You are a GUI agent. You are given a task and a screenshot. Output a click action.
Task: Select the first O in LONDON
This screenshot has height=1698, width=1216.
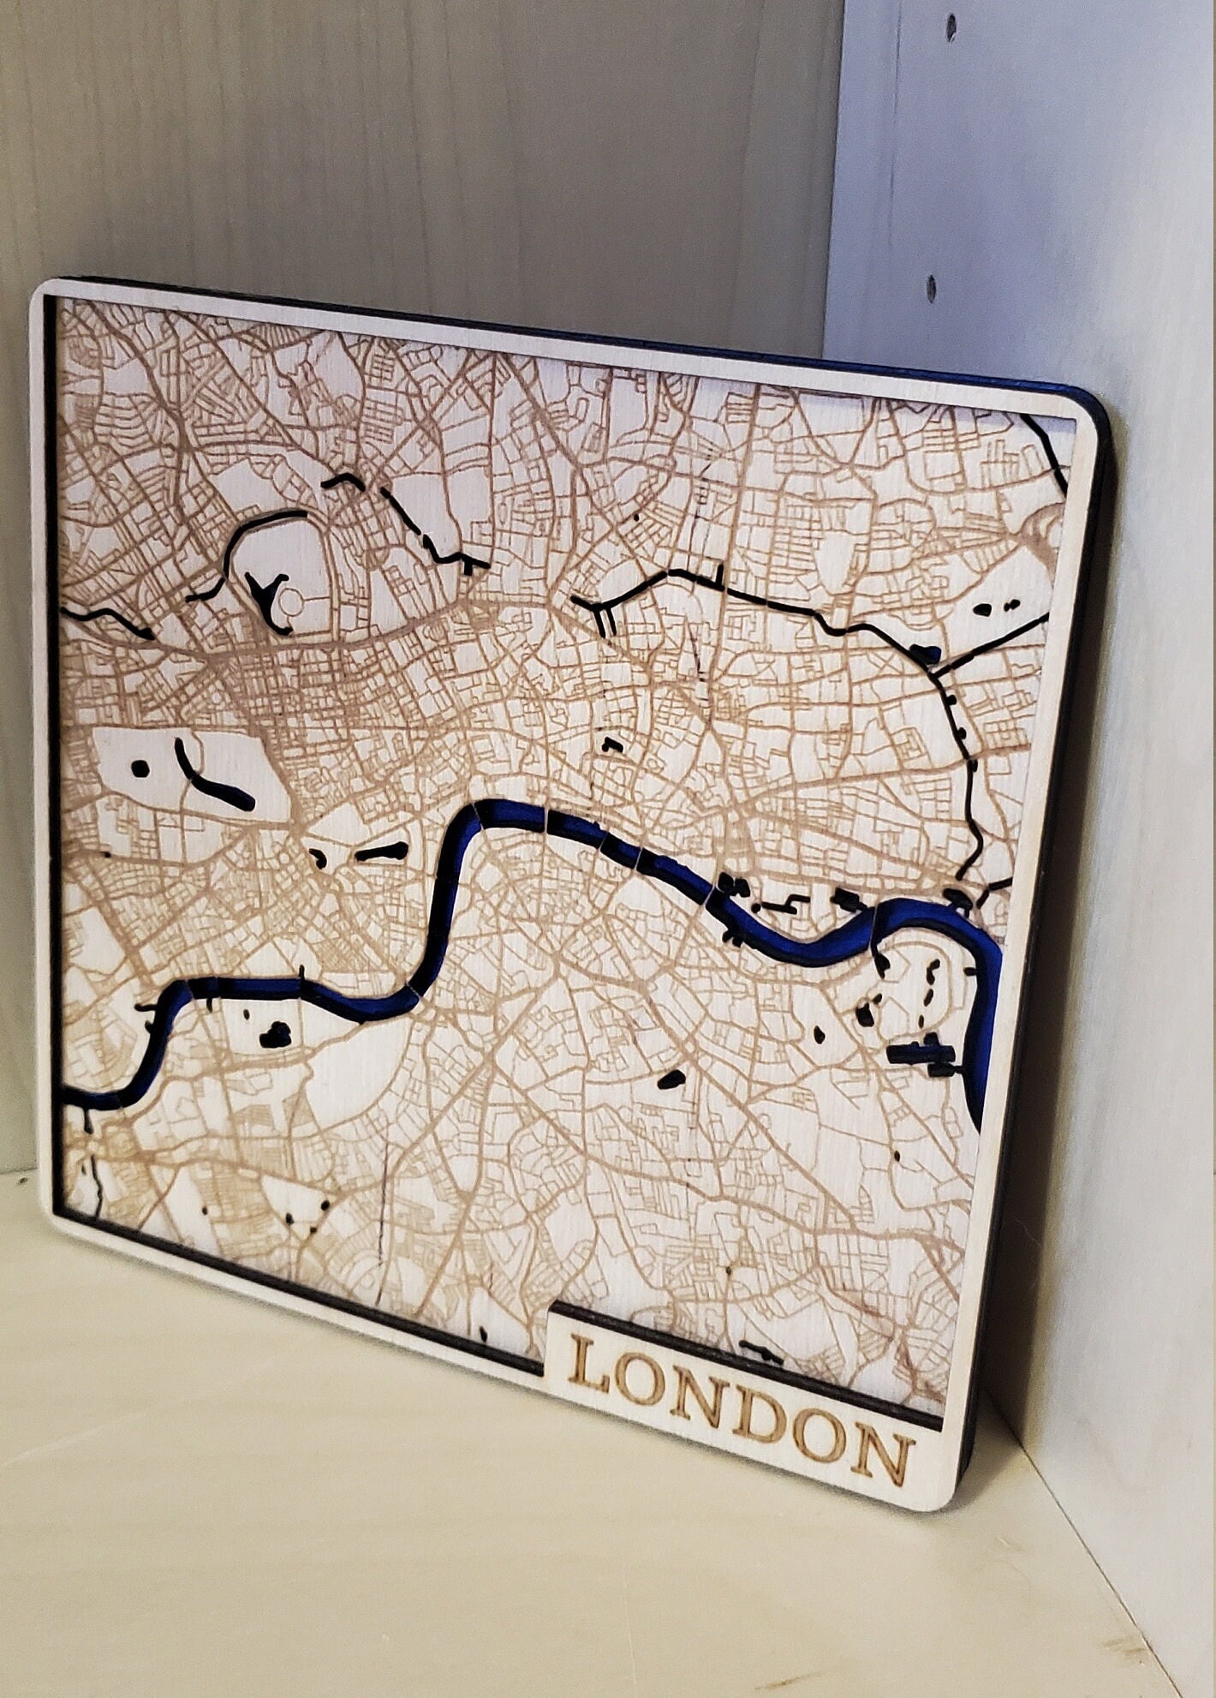(x=641, y=1395)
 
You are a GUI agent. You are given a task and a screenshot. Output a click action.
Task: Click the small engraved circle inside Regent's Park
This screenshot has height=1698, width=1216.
(x=291, y=607)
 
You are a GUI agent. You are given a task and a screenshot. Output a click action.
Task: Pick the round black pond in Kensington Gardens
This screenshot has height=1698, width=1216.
(x=140, y=768)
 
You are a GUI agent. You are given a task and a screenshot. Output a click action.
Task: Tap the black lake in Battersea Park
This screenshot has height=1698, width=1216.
(x=276, y=1035)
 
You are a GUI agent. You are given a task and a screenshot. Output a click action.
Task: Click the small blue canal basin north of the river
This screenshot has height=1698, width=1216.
(x=925, y=655)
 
